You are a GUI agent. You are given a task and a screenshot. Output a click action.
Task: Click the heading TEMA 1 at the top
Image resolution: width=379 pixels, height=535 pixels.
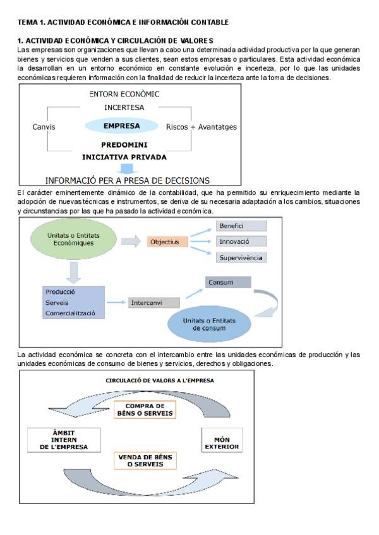(123, 22)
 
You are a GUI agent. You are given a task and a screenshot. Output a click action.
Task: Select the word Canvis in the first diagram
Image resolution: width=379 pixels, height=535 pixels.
(44, 127)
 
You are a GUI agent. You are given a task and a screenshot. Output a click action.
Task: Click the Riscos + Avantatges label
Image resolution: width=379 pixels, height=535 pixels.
(201, 127)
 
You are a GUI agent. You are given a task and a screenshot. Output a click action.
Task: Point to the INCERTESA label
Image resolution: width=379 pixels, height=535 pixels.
(124, 107)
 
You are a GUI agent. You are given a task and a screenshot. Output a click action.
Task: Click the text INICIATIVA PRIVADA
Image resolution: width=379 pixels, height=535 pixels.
(124, 156)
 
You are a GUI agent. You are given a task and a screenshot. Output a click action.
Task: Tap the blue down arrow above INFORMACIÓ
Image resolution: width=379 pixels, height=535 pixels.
(128, 168)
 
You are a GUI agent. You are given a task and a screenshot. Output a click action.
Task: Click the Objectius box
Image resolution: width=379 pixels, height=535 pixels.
(164, 242)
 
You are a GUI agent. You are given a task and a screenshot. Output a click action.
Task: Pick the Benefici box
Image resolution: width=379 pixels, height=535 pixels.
(241, 226)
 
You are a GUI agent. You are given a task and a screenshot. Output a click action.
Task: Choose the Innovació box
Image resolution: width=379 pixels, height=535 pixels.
(241, 242)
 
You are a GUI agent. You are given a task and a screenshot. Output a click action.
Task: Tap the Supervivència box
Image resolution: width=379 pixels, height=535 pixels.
(241, 257)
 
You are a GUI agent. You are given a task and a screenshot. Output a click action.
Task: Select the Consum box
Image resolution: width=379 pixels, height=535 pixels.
(227, 283)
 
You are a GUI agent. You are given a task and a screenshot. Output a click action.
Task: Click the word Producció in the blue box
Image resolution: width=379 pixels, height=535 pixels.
(61, 292)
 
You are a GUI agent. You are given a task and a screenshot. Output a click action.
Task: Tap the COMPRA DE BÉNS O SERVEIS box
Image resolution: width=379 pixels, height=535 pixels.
(145, 409)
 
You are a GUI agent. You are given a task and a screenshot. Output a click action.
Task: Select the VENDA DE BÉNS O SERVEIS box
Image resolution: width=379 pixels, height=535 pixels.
(145, 460)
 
